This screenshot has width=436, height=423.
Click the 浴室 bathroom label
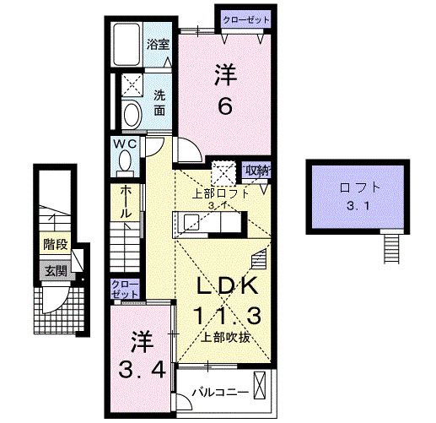click(159, 43)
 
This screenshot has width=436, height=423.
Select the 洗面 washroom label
click(159, 102)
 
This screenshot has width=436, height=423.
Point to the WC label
click(126, 144)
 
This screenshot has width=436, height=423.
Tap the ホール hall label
click(125, 202)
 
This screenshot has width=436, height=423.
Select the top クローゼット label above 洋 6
click(246, 19)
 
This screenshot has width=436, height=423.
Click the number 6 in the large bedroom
click(225, 106)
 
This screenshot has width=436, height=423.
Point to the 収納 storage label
click(256, 170)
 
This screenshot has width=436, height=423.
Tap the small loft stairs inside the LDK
click(260, 258)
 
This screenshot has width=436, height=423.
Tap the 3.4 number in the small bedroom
click(141, 369)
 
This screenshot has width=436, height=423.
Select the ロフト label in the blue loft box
click(358, 187)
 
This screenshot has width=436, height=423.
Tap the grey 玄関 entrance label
click(56, 272)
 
